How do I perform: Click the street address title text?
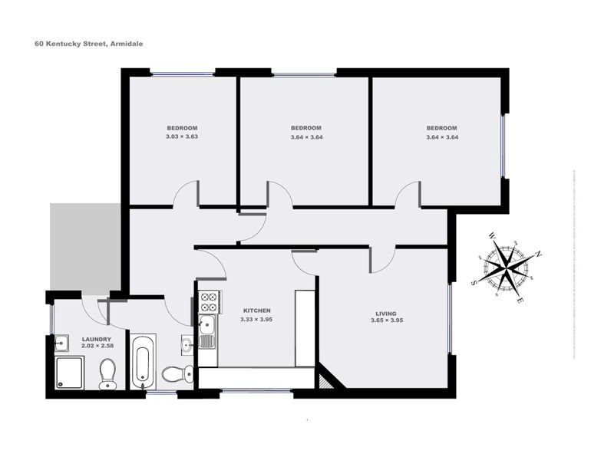88,44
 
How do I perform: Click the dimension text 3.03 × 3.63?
182,136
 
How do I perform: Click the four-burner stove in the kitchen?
209,301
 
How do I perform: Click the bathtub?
143,360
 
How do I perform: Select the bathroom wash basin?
187,344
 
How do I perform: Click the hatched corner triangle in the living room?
325,378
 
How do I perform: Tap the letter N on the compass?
539,253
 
